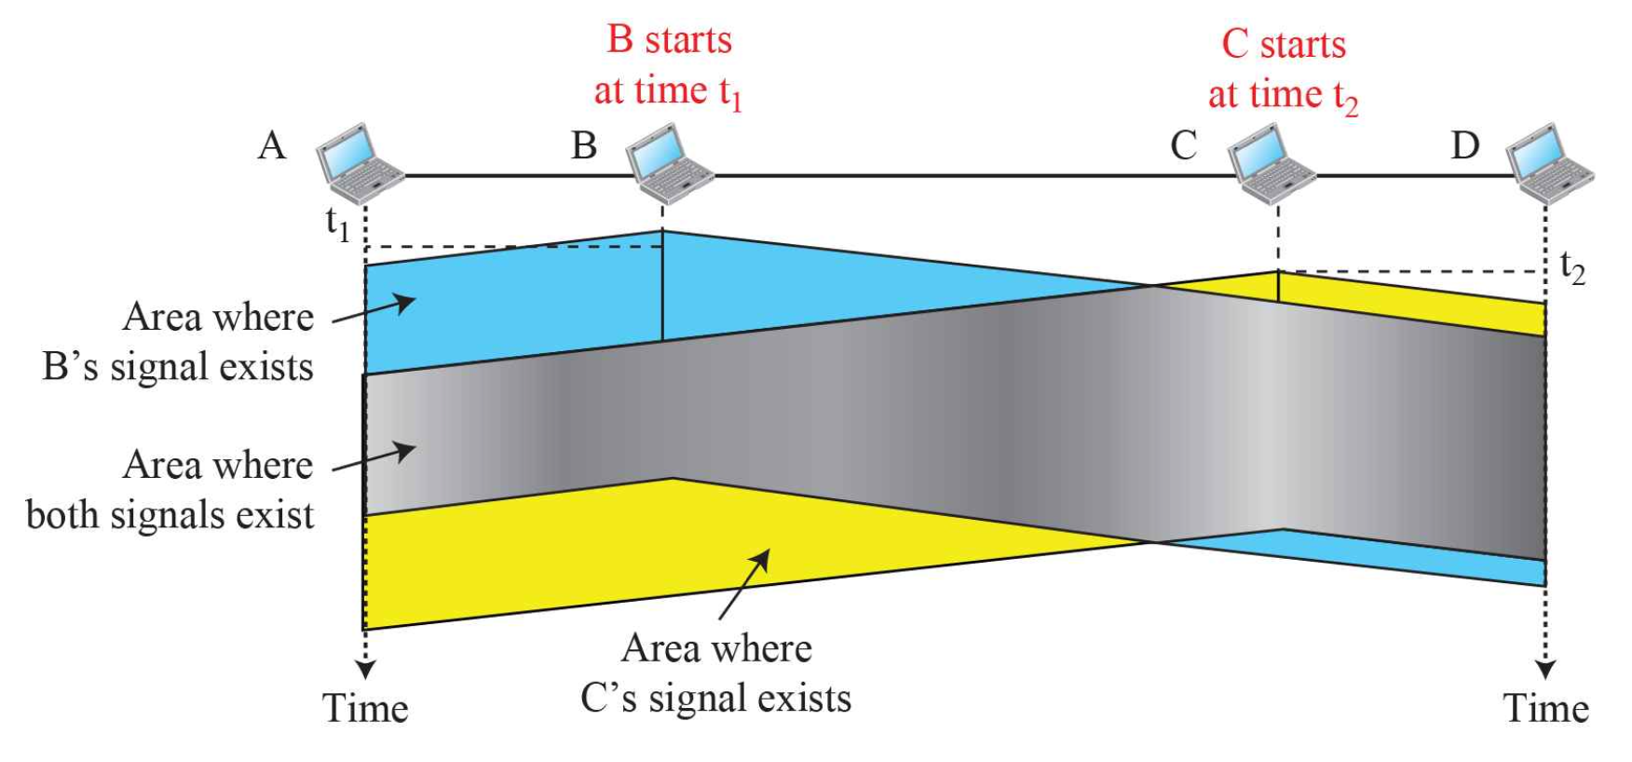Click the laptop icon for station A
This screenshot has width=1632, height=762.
pyautogui.click(x=359, y=163)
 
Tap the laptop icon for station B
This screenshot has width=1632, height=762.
pyautogui.click(x=669, y=163)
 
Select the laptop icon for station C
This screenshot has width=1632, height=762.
pyautogui.click(x=1271, y=163)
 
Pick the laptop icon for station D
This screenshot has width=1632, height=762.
pyautogui.click(x=1549, y=163)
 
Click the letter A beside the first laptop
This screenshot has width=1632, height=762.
pyautogui.click(x=271, y=146)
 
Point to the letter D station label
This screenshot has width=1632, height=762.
pyautogui.click(x=1465, y=146)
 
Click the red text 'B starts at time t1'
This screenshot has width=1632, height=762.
pyautogui.click(x=669, y=66)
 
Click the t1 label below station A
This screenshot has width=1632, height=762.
pyautogui.click(x=337, y=224)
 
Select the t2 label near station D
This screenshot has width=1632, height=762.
pyautogui.click(x=1572, y=268)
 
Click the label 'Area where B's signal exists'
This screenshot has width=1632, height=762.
pyautogui.click(x=178, y=342)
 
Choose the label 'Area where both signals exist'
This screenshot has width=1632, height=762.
pyautogui.click(x=170, y=490)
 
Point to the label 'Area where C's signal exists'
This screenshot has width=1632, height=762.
pyautogui.click(x=715, y=673)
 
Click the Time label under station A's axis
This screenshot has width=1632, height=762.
pyautogui.click(x=365, y=709)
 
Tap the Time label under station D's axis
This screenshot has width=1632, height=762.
pyautogui.click(x=1545, y=709)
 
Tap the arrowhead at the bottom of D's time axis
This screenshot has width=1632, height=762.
pyautogui.click(x=1545, y=670)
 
